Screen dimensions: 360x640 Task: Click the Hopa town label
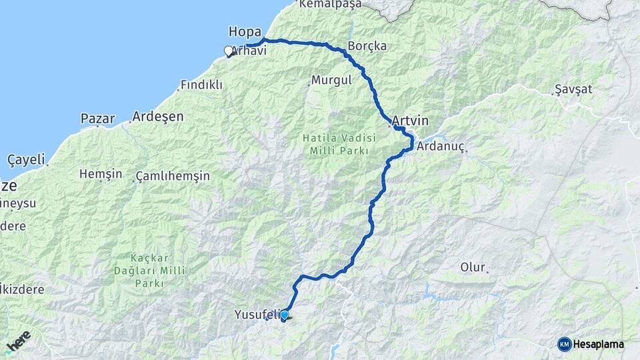pos(245,31)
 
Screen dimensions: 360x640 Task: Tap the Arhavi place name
pos(249,51)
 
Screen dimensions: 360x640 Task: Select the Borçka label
pos(367,47)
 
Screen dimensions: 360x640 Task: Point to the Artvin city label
pos(410,121)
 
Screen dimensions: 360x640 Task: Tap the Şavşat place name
pos(573,89)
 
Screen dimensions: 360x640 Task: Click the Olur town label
pos(472,267)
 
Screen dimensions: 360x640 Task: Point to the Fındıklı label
pos(202,85)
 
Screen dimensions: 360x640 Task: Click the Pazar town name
pos(97,119)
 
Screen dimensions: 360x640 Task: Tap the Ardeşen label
pos(157,116)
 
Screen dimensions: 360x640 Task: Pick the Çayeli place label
pos(26,159)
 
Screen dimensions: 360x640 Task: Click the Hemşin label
pos(101,174)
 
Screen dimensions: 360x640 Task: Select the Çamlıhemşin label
pos(172,176)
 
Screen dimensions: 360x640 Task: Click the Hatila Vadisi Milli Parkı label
pos(339,144)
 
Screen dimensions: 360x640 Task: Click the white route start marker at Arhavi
pos(229,51)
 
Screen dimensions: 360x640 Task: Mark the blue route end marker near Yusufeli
pos(285,315)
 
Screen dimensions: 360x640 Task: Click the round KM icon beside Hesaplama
pos(564,344)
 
